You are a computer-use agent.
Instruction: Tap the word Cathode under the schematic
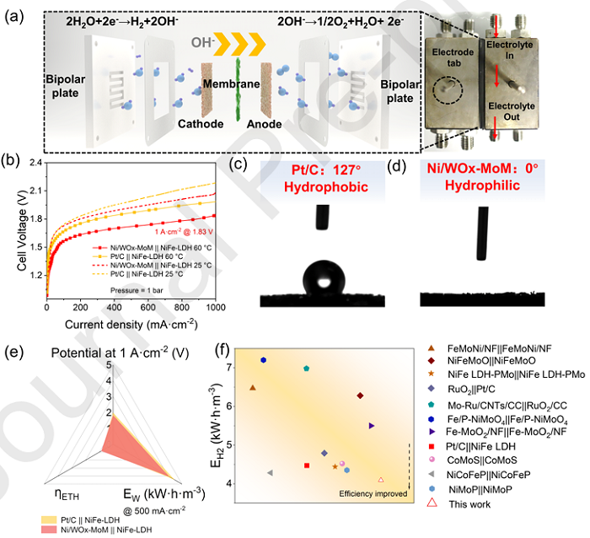[201, 124]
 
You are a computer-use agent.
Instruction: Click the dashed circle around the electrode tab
[448, 89]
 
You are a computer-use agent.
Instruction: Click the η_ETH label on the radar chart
[62, 493]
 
